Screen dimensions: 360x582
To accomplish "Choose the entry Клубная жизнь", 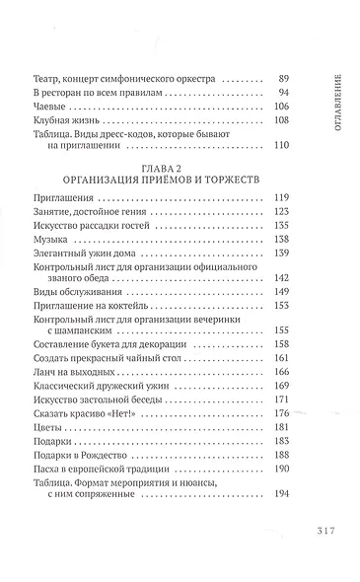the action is click(x=67, y=121).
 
